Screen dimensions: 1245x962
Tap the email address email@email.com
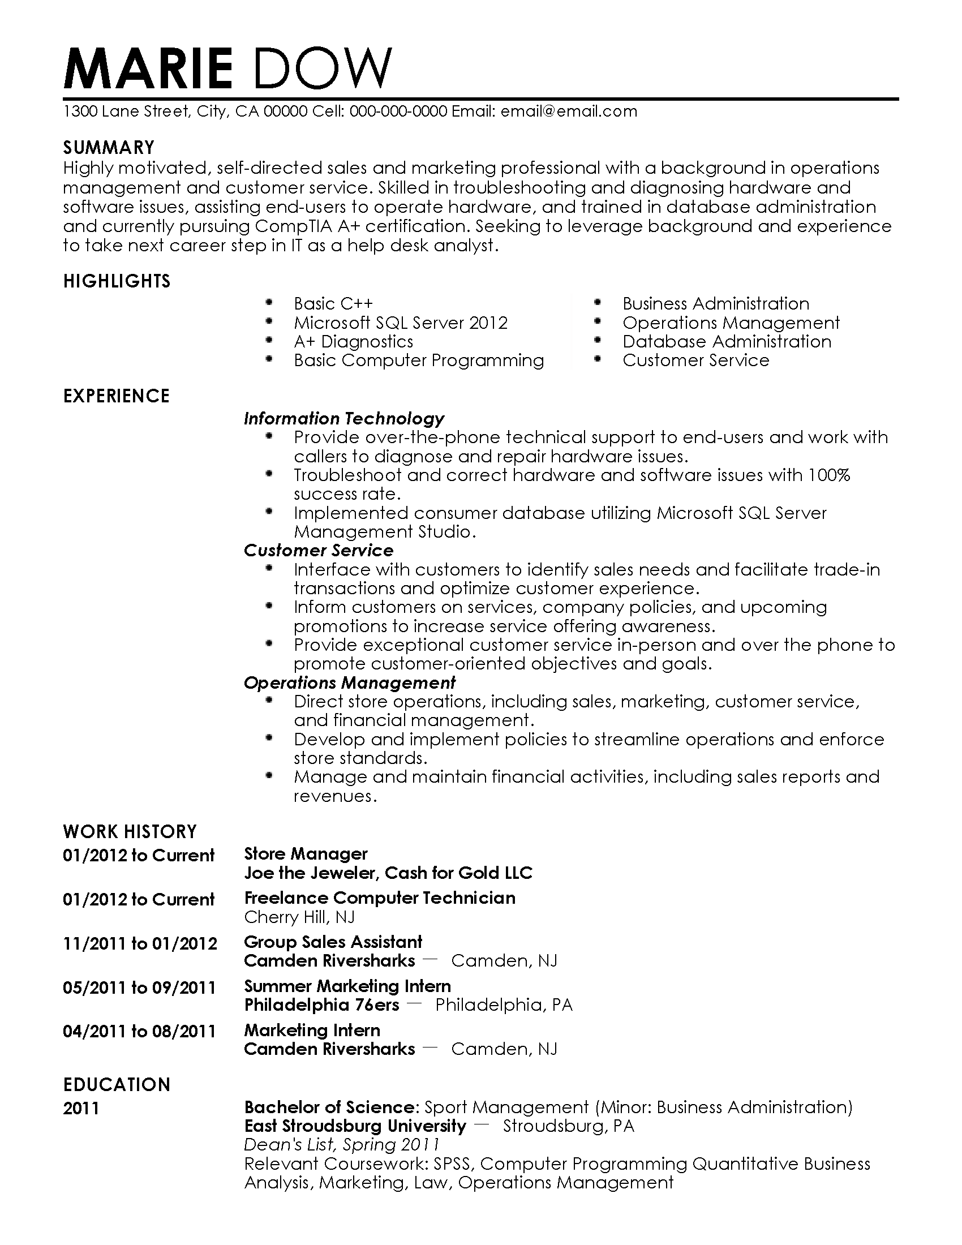coord(569,111)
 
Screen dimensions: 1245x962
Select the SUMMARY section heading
coord(108,148)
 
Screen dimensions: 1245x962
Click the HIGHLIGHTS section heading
coord(116,281)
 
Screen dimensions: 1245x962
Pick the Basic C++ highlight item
coord(333,303)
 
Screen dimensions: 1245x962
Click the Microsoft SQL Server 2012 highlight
coord(400,323)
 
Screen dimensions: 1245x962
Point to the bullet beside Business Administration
coord(597,302)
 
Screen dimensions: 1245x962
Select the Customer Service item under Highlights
coord(695,360)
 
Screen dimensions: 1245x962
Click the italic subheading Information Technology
coord(343,418)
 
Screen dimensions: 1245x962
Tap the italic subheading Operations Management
coord(349,682)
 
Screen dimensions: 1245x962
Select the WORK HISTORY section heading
coord(130,832)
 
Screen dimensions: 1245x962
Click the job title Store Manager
coord(306,853)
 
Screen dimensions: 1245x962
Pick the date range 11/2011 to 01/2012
coord(140,943)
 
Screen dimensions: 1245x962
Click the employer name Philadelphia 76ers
coord(321,1004)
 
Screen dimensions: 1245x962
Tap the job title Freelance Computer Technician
coord(380,898)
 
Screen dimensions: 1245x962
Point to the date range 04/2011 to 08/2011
coord(139,1031)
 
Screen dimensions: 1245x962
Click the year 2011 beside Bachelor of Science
coord(81,1108)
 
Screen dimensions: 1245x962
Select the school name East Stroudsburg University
coord(355,1126)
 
